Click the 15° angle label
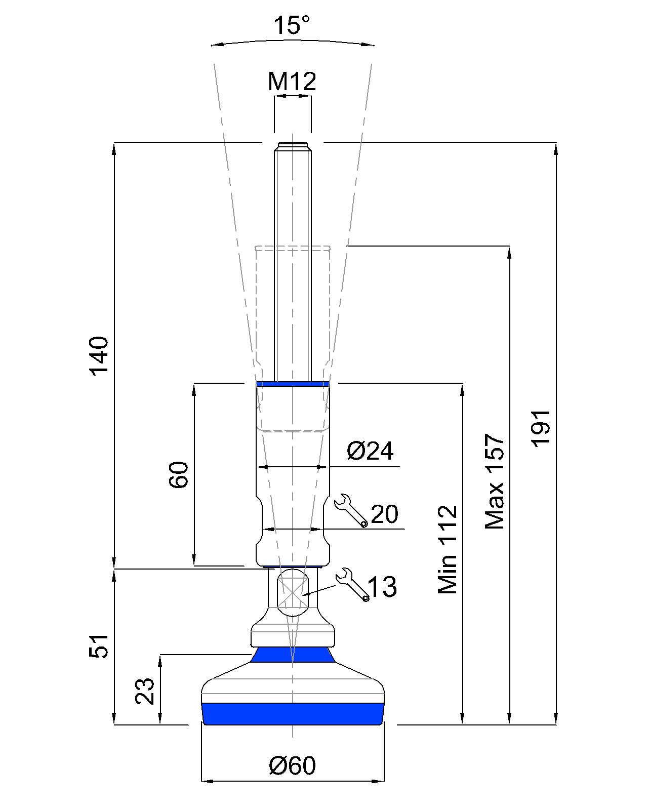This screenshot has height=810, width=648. coord(292,25)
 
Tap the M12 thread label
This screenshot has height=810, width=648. coord(292,81)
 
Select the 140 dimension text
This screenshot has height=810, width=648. coord(100,355)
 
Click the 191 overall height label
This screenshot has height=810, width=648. coord(541,428)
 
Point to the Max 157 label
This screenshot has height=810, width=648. coord(495,481)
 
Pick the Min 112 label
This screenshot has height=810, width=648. coord(448,549)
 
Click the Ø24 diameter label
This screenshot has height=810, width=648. coord(370,451)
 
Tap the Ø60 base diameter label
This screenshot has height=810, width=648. coord(292,765)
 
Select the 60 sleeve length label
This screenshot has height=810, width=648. coord(179,474)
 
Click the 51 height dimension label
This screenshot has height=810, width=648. coord(100,645)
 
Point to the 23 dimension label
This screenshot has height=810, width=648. coord(145,691)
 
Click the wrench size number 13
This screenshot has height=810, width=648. coord(382,587)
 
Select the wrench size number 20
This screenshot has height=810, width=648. coord(385,514)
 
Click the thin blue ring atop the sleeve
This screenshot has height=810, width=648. coord(293,384)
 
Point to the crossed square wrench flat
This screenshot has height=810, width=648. coord(293,593)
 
